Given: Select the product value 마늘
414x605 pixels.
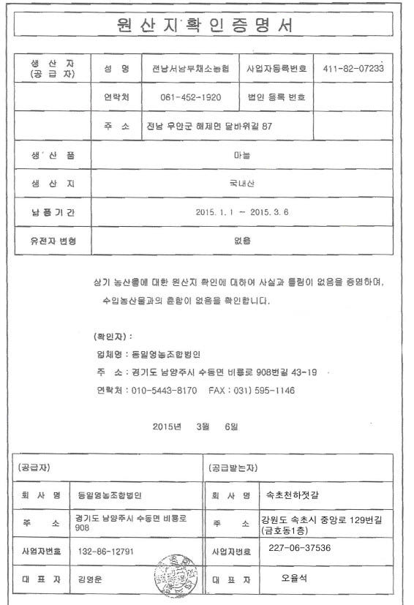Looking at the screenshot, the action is [242, 155].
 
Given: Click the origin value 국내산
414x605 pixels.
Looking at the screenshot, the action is [242, 184].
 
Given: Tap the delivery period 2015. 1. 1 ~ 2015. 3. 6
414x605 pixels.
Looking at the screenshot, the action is [242, 212].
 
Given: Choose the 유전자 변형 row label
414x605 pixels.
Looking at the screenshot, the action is [52, 241].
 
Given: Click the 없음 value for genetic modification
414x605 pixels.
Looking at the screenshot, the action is [242, 241].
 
